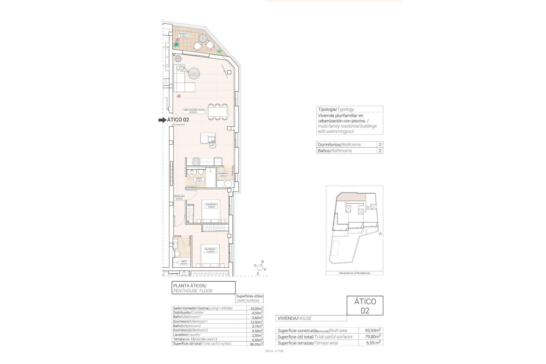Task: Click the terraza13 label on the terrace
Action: coord(183,35)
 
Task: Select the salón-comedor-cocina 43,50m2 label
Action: coord(194,111)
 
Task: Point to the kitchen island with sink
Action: coord(208,138)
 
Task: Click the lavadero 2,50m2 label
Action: coord(223,175)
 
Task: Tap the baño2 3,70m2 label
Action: coord(198,180)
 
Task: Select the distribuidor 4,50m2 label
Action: coord(179,197)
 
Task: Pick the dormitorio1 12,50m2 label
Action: coord(210,250)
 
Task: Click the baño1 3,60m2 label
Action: coord(184,262)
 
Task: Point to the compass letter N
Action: coord(262,262)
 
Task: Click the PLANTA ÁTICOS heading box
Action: coord(203,288)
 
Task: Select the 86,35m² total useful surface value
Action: coord(256,344)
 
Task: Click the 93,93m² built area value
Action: coord(373,330)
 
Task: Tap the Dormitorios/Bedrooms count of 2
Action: coord(380,144)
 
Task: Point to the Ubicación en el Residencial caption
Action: coord(354,273)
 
